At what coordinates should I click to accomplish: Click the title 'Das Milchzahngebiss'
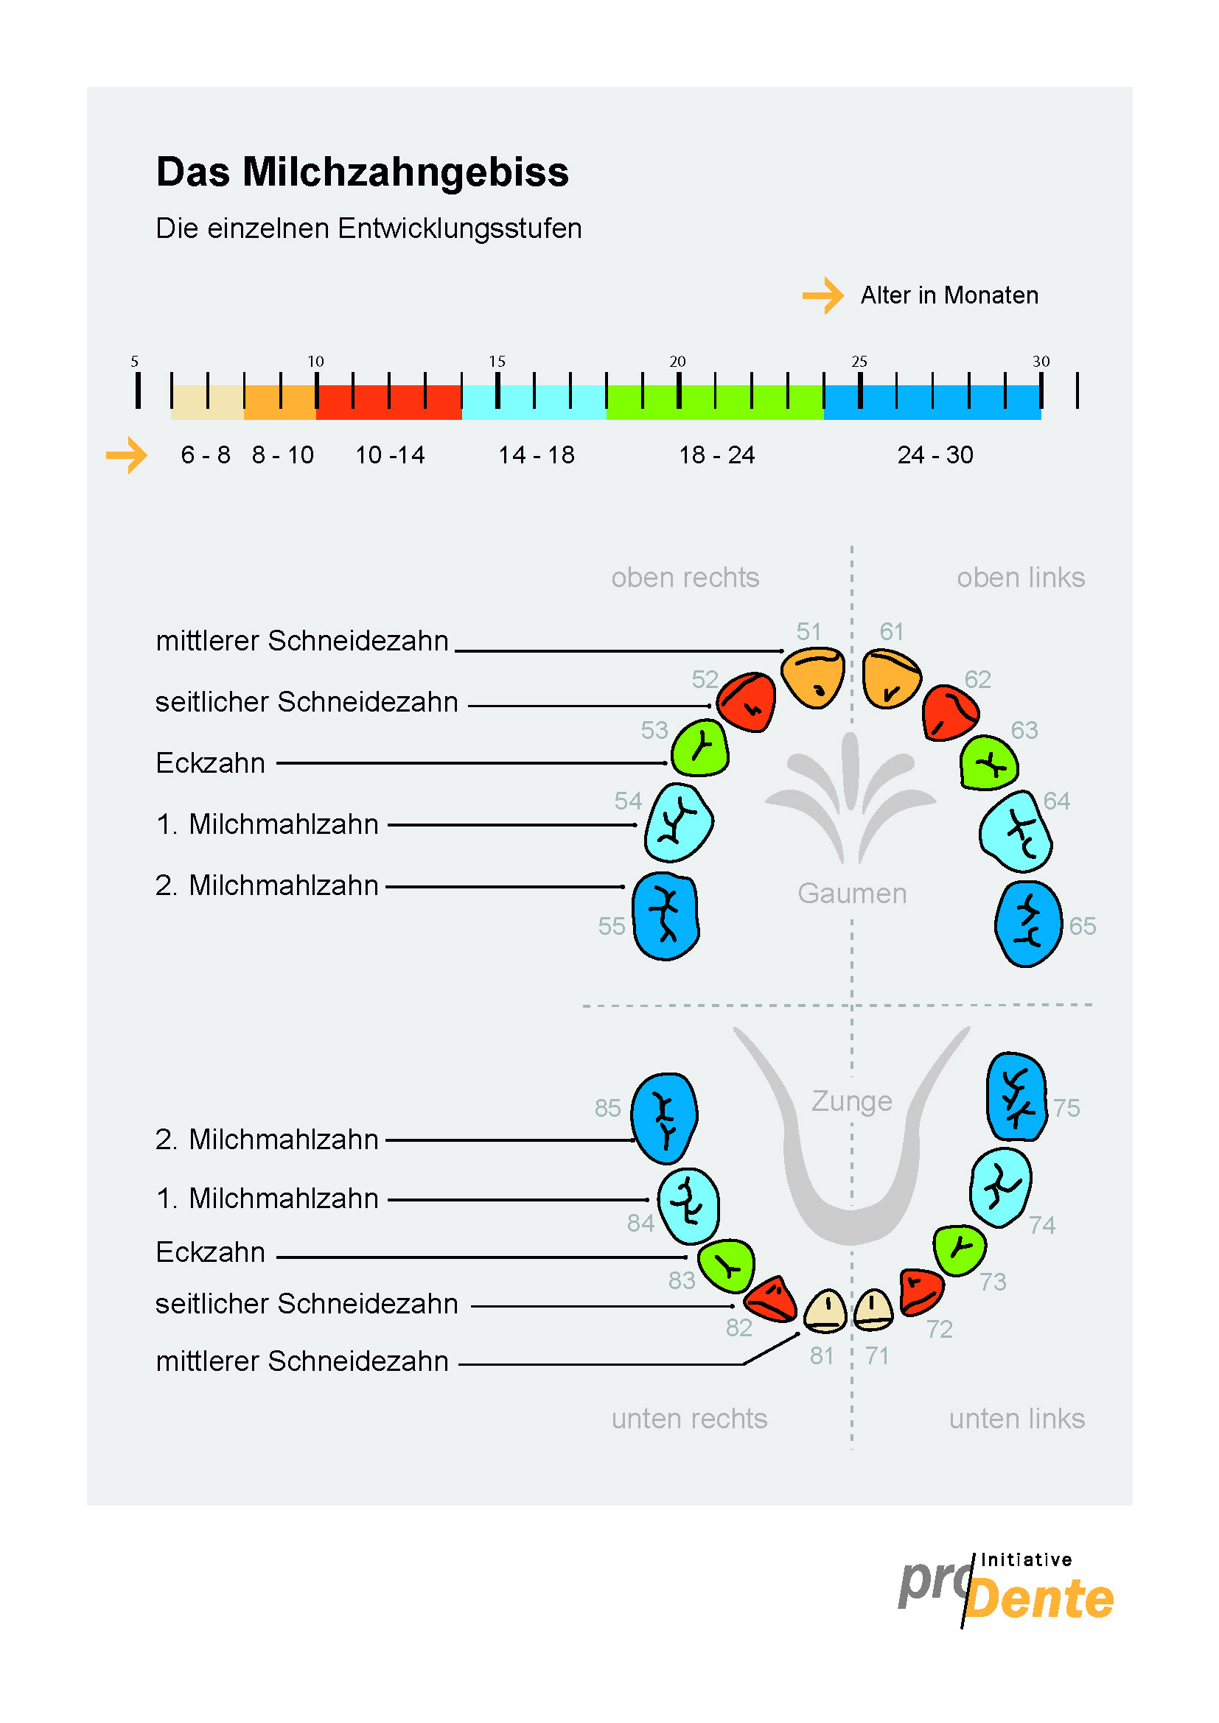[363, 172]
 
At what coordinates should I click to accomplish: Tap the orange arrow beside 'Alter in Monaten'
[823, 295]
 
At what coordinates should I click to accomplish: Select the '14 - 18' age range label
[536, 455]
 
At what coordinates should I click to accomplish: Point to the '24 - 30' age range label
[935, 455]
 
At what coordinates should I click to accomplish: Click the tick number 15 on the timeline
[497, 362]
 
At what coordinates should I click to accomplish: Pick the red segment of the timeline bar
[389, 401]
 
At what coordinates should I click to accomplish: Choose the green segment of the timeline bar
[715, 401]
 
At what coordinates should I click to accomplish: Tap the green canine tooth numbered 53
[699, 748]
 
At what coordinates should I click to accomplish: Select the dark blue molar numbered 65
[1027, 924]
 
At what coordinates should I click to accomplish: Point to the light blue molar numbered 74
[1000, 1187]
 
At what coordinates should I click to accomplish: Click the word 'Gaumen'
[852, 894]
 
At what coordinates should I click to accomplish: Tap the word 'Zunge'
[851, 1101]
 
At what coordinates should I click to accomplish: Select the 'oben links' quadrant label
[1020, 578]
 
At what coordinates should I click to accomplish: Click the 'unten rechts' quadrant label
[689, 1419]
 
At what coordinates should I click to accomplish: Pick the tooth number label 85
[607, 1108]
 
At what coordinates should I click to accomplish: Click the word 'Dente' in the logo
[1039, 1599]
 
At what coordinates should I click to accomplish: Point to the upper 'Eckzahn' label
[210, 763]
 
